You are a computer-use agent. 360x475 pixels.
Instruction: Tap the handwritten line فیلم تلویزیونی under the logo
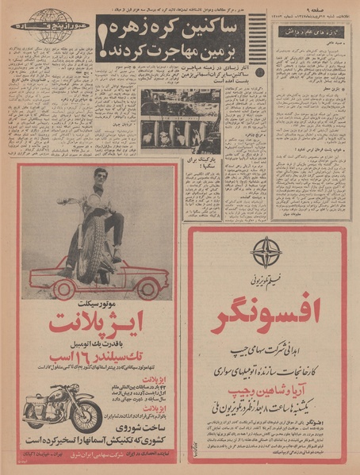tap(266, 279)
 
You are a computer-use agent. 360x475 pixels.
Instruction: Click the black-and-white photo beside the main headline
tap(181, 121)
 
